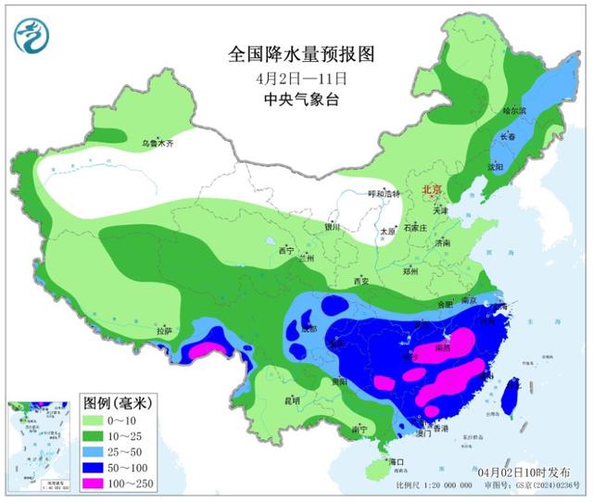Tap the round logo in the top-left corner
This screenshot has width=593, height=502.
tap(32, 36)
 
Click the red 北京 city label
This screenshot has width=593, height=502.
tap(433, 190)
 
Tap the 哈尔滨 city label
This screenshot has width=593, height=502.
tap(513, 110)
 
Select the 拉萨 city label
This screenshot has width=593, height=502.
tap(164, 331)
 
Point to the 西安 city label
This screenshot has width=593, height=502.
tap(360, 281)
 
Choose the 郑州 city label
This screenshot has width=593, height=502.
tap(409, 272)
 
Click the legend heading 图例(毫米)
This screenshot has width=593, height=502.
tap(120, 403)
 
